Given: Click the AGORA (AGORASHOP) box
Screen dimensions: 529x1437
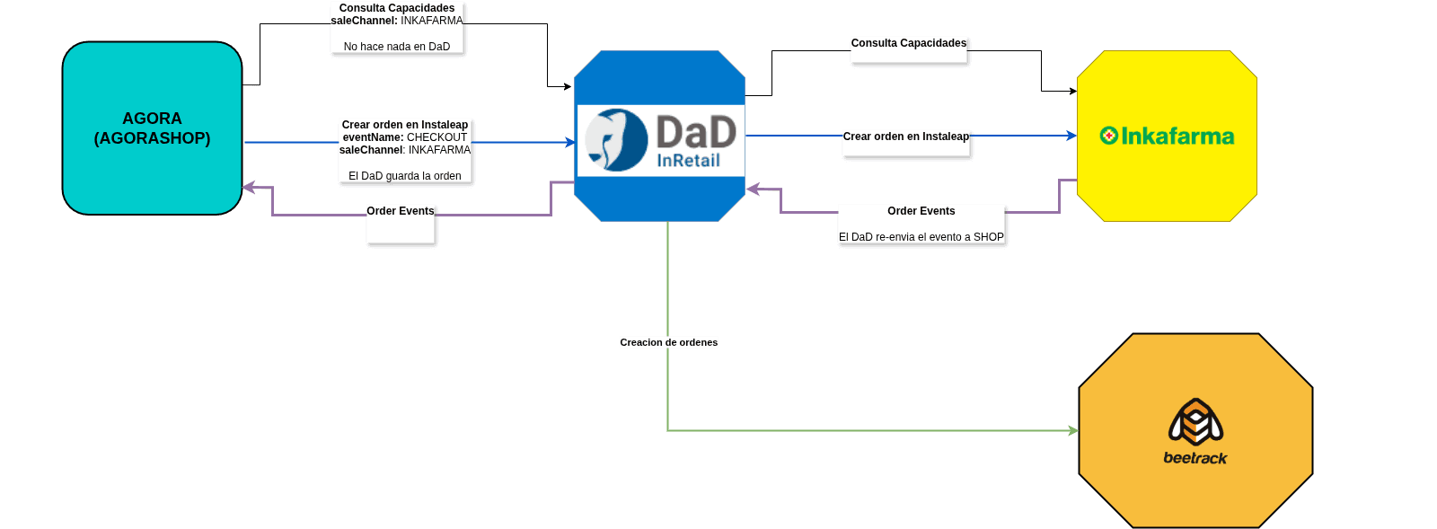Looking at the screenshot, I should (x=152, y=128).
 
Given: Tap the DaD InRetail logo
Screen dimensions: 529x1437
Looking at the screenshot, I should (x=660, y=140).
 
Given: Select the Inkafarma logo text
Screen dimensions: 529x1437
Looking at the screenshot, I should (x=1177, y=137).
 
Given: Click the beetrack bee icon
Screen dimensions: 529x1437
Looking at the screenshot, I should (x=1195, y=422).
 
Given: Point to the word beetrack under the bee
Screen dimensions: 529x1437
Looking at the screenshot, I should (x=1195, y=458).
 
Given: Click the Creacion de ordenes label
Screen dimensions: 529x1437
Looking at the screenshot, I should (x=669, y=342).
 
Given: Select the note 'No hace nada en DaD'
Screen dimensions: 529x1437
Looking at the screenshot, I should (x=397, y=47).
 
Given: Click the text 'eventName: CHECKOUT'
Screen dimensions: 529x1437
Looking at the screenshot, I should (x=405, y=137).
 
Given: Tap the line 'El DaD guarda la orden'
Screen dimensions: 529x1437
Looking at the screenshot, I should (x=405, y=176).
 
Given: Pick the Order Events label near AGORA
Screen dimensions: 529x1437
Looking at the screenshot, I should (x=401, y=211).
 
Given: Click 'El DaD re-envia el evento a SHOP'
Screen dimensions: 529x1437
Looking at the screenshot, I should (x=921, y=237).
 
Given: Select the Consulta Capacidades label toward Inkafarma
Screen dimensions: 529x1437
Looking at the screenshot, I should (x=909, y=43).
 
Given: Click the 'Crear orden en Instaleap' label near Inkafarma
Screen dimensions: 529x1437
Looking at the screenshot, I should (x=906, y=137).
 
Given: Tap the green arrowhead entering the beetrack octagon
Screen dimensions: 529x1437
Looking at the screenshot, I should (x=1073, y=431).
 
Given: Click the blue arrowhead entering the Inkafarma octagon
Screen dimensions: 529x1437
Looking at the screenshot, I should (x=1071, y=136).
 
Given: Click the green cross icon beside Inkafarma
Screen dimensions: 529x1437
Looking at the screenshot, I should (x=1109, y=136).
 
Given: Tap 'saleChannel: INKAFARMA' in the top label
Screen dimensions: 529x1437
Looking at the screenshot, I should (x=397, y=21).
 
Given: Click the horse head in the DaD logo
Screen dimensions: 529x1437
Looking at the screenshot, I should (x=615, y=140).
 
